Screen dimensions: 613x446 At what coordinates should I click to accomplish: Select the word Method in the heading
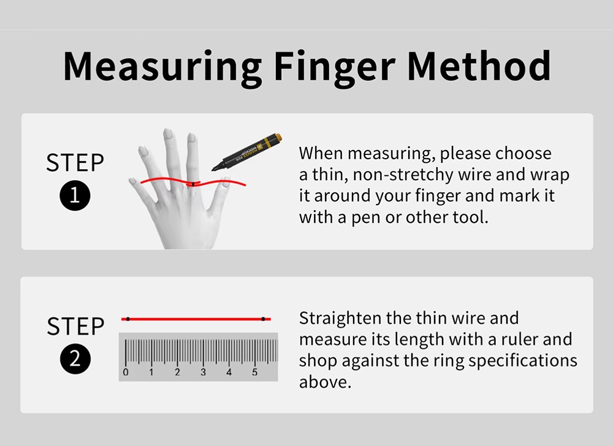click(479, 66)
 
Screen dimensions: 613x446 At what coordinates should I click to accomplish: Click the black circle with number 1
click(75, 195)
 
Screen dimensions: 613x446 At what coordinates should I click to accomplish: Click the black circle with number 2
click(75, 359)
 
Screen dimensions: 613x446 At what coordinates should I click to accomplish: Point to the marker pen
click(246, 153)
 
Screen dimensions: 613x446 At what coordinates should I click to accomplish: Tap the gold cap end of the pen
click(278, 137)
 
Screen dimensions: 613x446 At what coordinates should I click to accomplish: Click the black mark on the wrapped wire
click(193, 184)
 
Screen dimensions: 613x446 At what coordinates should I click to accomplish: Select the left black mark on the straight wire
click(128, 319)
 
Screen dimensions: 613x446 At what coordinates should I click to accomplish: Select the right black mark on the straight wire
click(263, 319)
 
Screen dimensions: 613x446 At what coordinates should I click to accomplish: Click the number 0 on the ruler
click(126, 372)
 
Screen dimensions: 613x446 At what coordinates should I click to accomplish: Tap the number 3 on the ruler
click(203, 372)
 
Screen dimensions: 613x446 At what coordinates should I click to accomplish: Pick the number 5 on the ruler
click(254, 372)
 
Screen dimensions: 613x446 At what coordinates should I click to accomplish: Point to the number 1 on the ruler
click(151, 372)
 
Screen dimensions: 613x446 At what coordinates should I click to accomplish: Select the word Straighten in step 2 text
click(340, 319)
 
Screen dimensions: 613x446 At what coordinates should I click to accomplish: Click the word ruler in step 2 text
click(519, 339)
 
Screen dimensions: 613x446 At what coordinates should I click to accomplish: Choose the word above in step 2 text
click(325, 382)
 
